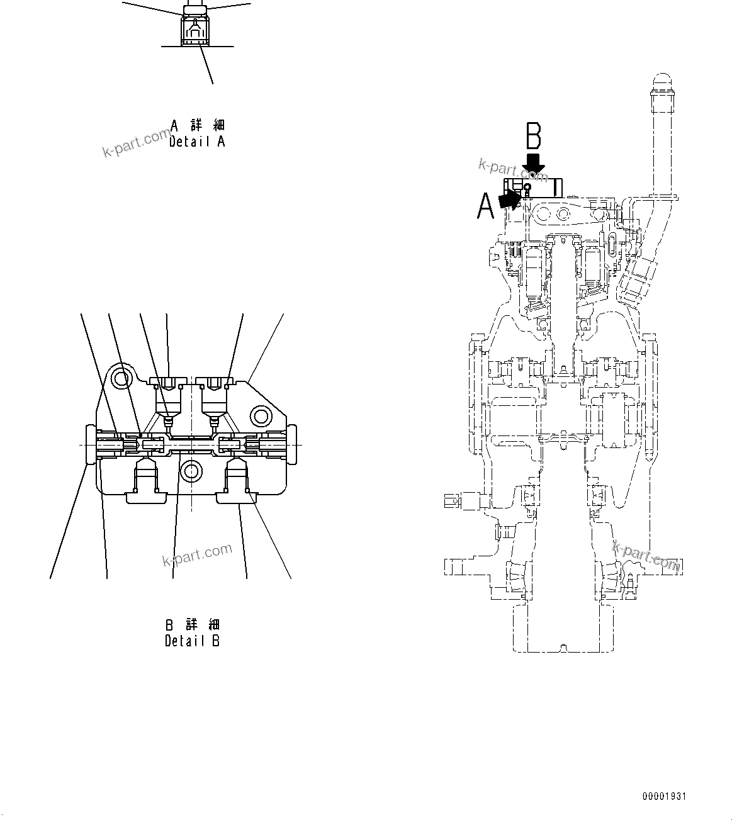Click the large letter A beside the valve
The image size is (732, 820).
485,206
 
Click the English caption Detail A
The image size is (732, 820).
197,142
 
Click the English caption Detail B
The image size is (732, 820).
193,641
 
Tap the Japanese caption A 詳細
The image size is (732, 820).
197,125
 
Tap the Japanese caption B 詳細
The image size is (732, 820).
193,624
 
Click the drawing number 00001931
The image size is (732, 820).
664,797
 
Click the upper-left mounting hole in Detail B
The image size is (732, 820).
120,378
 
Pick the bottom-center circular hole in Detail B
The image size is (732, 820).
190,470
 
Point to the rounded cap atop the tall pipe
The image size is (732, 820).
662,84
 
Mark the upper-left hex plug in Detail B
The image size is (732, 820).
167,382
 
